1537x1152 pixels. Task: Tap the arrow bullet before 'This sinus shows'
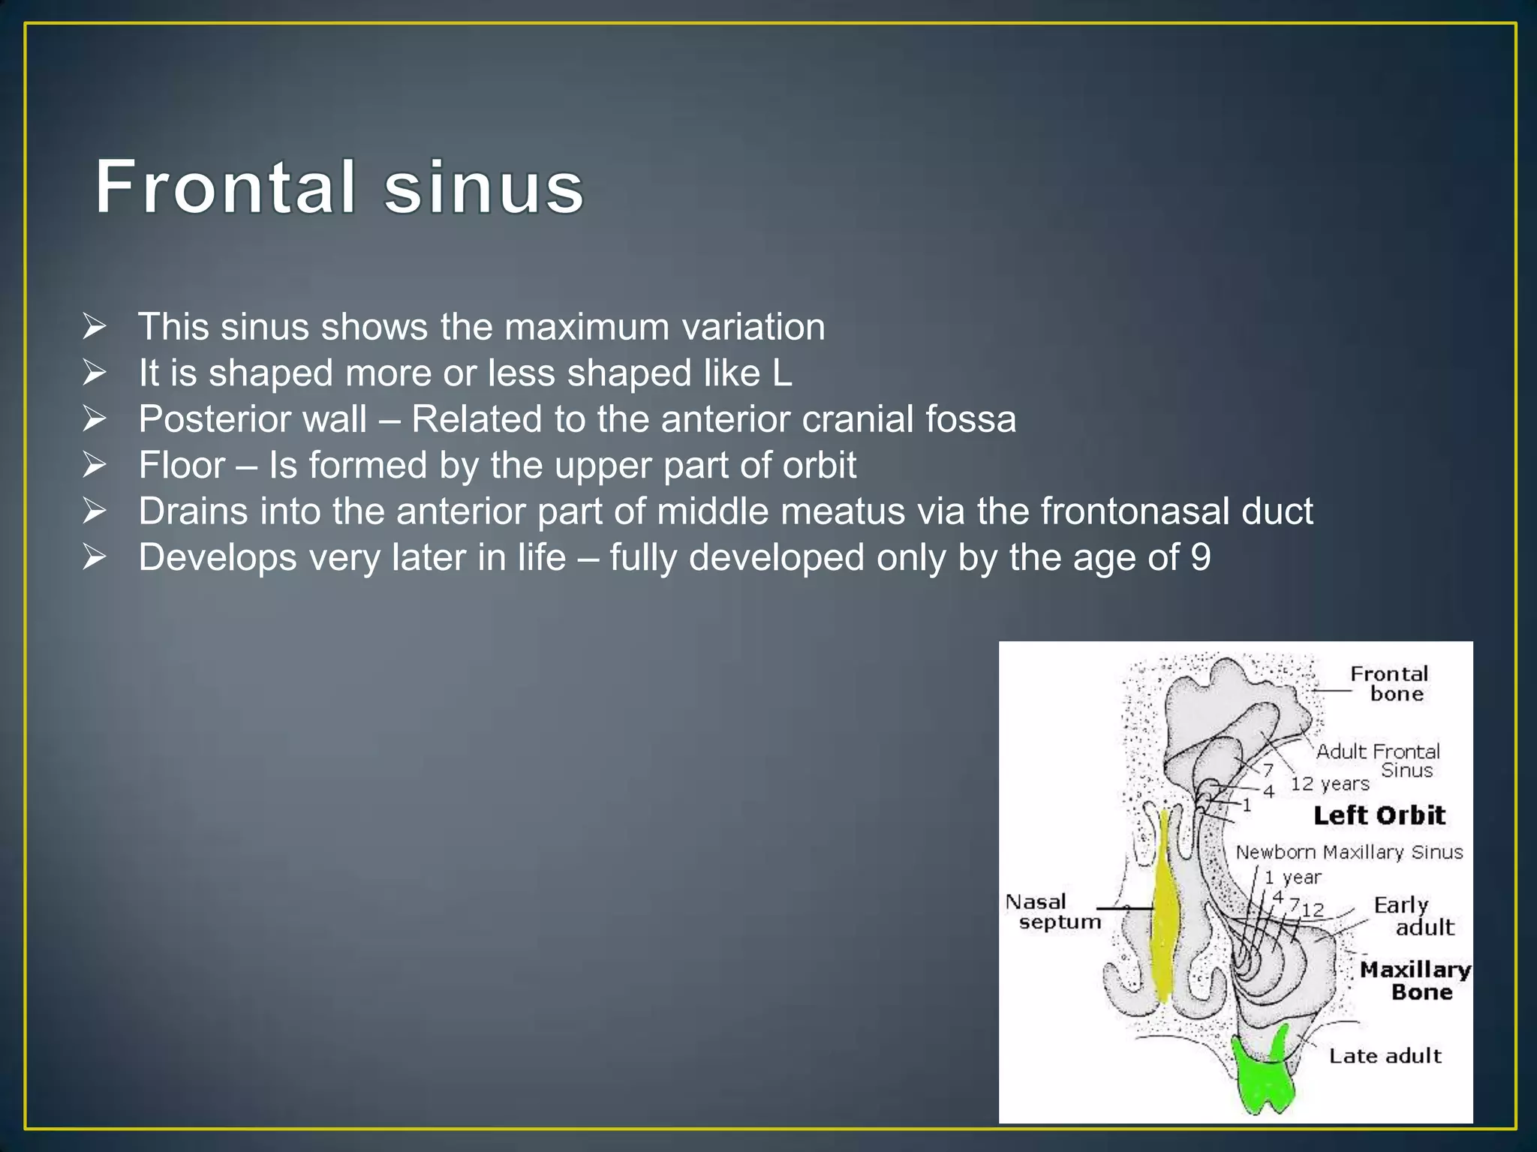tap(95, 327)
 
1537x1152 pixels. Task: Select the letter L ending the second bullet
tap(782, 373)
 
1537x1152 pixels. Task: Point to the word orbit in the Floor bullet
tap(820, 466)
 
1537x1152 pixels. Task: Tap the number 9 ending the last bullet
tap(1200, 558)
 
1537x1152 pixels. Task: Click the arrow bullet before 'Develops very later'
tap(95, 558)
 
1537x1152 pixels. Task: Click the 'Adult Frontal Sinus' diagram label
tap(1379, 760)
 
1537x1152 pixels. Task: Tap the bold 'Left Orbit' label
tap(1379, 815)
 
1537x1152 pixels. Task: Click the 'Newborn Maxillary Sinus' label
tap(1349, 852)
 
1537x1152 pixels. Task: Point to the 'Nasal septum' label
tap(1052, 911)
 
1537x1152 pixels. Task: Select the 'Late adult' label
tap(1385, 1056)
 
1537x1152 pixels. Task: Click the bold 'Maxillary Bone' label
tap(1415, 980)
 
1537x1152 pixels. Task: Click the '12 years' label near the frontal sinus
tap(1330, 784)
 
